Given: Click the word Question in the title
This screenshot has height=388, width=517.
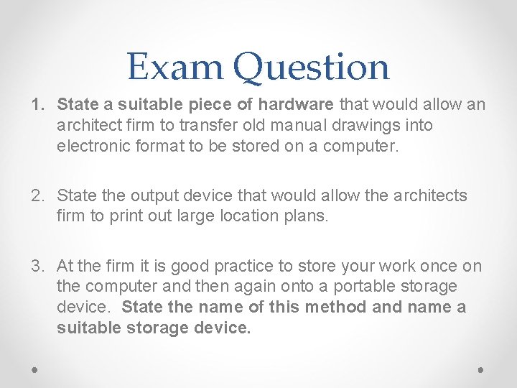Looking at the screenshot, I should (311, 68).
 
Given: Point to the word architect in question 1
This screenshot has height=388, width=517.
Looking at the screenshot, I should (86, 125).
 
